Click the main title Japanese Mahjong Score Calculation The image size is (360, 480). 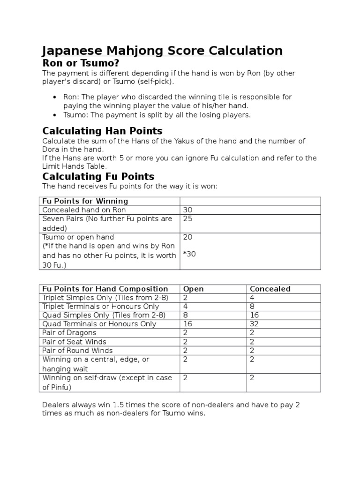162,51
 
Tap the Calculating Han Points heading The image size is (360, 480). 102,130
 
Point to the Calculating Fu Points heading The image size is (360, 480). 98,176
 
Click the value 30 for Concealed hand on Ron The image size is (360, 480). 187,210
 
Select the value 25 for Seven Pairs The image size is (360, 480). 187,219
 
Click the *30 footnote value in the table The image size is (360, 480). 189,255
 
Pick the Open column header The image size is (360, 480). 193,289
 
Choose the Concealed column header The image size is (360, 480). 270,289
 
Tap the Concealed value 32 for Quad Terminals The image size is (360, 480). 254,324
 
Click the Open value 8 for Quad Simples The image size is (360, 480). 185,315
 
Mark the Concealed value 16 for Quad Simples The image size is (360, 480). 254,315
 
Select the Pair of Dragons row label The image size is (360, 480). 69,333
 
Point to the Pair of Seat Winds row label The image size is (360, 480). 74,342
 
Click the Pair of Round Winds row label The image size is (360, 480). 77,351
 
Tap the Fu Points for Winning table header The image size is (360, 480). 79,201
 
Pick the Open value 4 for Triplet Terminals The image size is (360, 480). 185,307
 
